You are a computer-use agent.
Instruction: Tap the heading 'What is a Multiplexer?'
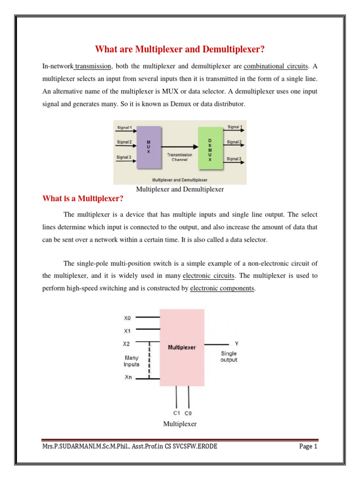click(83, 199)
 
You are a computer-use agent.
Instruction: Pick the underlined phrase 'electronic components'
click(222, 288)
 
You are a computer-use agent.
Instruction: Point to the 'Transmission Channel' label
click(180, 157)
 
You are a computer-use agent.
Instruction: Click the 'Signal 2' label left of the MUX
click(124, 142)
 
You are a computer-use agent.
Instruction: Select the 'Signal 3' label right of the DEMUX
click(234, 159)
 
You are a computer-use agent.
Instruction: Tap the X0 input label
click(127, 317)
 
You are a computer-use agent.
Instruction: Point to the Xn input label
click(127, 377)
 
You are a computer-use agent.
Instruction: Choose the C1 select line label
click(176, 413)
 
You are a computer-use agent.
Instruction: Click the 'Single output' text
click(229, 357)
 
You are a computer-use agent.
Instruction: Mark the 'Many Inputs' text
click(131, 360)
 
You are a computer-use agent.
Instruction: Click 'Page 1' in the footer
click(308, 447)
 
